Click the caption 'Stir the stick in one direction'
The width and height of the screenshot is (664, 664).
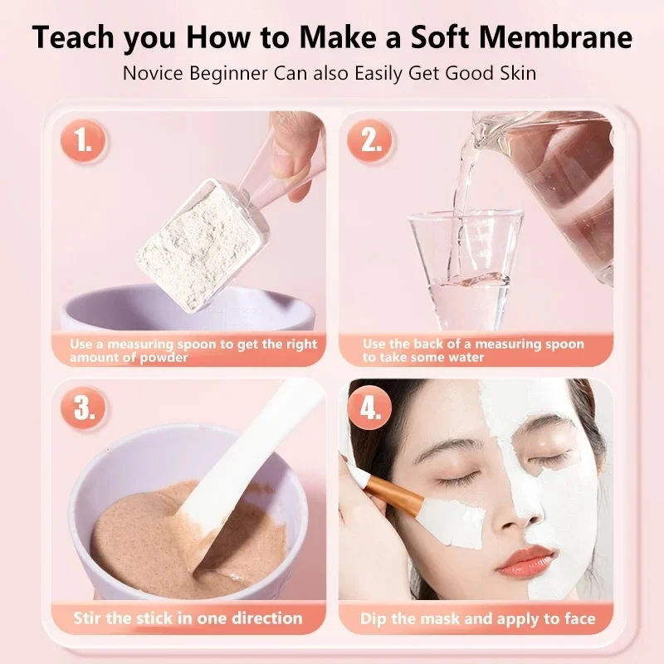tap(188, 618)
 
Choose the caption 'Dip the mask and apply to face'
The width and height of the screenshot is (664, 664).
tap(477, 618)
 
